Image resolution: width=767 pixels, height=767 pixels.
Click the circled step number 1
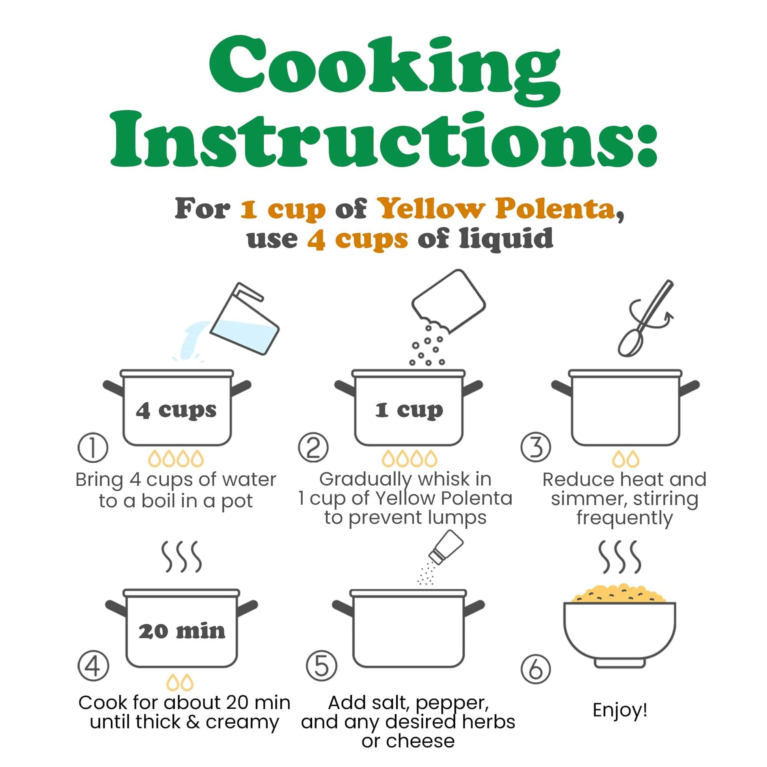pos(93,447)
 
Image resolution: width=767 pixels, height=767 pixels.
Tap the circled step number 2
pos(313,447)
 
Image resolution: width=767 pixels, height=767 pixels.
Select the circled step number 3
pos(536,447)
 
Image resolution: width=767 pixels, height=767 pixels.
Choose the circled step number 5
pos(322,666)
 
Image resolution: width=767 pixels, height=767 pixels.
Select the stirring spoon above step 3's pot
pos(645,318)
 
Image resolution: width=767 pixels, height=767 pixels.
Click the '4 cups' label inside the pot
pos(176,410)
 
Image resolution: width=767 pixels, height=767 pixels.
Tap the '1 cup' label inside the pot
pos(409,410)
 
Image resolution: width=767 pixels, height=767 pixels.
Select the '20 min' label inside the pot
pos(182,631)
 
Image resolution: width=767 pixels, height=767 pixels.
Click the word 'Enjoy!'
pos(620,710)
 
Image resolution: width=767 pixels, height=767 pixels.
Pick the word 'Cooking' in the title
pos(384,67)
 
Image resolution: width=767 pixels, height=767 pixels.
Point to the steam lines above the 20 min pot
pos(181,557)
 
